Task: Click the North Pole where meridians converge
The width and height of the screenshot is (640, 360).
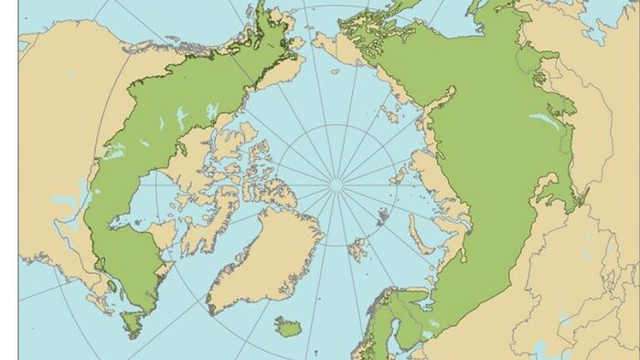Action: [x=336, y=185]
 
